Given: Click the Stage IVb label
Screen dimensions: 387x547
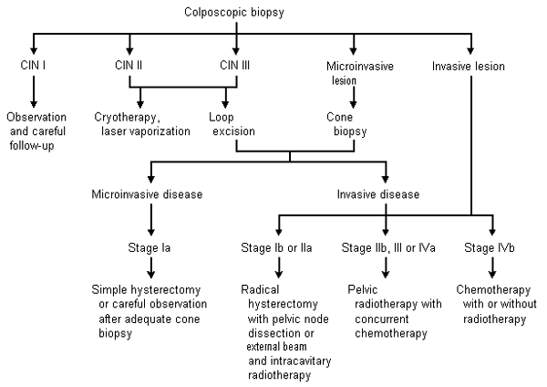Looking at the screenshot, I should (x=493, y=246).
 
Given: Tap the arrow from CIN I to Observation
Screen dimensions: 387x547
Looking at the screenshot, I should (x=34, y=90).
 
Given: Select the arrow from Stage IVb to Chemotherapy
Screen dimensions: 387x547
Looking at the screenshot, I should (x=493, y=267).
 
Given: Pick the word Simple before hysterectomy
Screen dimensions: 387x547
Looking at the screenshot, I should (x=112, y=288).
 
